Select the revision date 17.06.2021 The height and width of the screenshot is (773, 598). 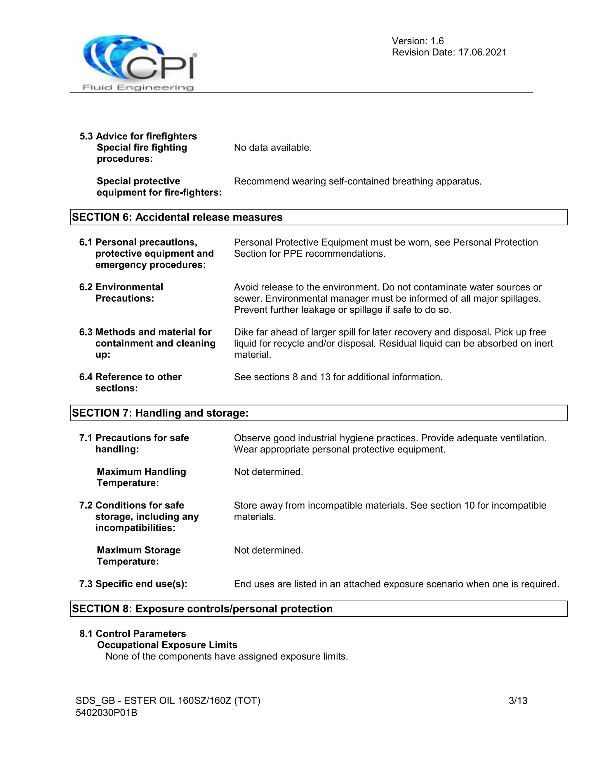click(x=482, y=53)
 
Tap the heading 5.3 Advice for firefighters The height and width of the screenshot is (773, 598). click(x=138, y=136)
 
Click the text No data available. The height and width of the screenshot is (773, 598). click(x=272, y=148)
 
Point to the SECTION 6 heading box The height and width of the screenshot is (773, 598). click(x=319, y=217)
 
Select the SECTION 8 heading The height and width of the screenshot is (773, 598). click(x=202, y=608)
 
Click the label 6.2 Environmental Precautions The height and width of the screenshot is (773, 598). click(x=121, y=292)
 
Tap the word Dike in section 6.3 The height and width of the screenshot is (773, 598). click(x=243, y=332)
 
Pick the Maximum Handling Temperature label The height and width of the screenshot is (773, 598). click(x=141, y=477)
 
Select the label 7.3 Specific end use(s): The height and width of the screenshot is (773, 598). click(x=133, y=584)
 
